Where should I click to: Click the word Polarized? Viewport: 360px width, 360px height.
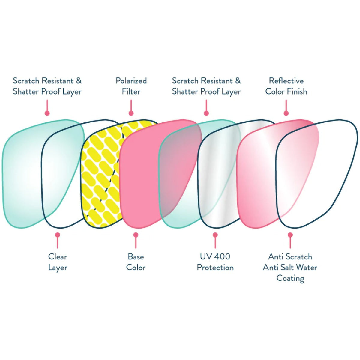[131, 81]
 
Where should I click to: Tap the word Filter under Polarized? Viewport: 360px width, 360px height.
[131, 91]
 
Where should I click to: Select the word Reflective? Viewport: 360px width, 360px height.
[286, 81]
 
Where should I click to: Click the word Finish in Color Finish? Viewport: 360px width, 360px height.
[297, 91]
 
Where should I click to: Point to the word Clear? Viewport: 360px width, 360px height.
[58, 257]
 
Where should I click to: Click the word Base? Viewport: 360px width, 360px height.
[136, 257]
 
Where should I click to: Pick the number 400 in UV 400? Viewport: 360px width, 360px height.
[222, 257]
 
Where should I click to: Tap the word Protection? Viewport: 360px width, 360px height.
[215, 268]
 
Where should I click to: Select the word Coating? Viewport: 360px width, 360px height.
[290, 279]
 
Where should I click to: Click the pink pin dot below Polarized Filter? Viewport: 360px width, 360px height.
[131, 113]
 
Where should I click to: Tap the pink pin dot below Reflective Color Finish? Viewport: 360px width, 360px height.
[286, 113]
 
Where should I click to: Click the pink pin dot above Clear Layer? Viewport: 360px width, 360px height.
[58, 235]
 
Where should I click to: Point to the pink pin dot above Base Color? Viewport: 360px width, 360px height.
[136, 235]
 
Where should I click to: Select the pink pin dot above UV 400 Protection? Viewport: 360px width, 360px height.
[215, 235]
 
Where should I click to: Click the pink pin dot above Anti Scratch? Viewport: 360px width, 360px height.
[290, 235]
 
